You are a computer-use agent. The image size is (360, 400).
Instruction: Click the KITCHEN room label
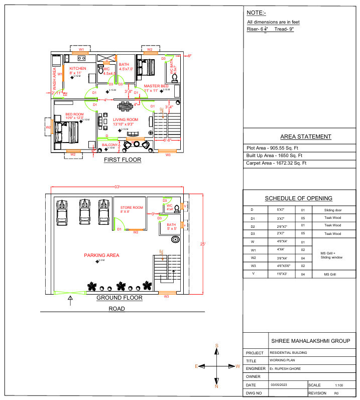tap(78, 68)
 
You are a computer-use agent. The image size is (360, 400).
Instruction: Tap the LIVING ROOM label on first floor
tap(126, 119)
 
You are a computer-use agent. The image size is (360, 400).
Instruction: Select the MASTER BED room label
tap(156, 86)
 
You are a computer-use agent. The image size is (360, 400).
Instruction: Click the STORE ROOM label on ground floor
tap(132, 207)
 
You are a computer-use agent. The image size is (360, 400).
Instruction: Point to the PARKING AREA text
tap(101, 255)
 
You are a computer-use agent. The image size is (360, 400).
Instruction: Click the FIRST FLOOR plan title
tap(123, 160)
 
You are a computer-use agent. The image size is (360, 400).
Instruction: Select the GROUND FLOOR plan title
tap(119, 298)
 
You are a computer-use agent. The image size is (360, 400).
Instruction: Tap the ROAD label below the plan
tap(117, 309)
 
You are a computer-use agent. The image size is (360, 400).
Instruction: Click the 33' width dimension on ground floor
tap(116, 187)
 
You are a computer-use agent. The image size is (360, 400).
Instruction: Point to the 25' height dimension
tap(202, 244)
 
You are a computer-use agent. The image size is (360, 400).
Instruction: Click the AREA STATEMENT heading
tap(305, 137)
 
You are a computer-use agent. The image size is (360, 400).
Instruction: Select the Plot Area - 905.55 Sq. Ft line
tap(273, 148)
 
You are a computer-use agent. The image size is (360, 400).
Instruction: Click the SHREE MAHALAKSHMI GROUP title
tap(310, 341)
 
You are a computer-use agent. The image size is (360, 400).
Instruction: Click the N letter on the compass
tap(216, 386)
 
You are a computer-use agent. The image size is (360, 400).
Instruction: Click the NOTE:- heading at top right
tap(256, 12)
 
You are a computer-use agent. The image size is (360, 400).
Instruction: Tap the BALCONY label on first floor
tap(109, 145)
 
